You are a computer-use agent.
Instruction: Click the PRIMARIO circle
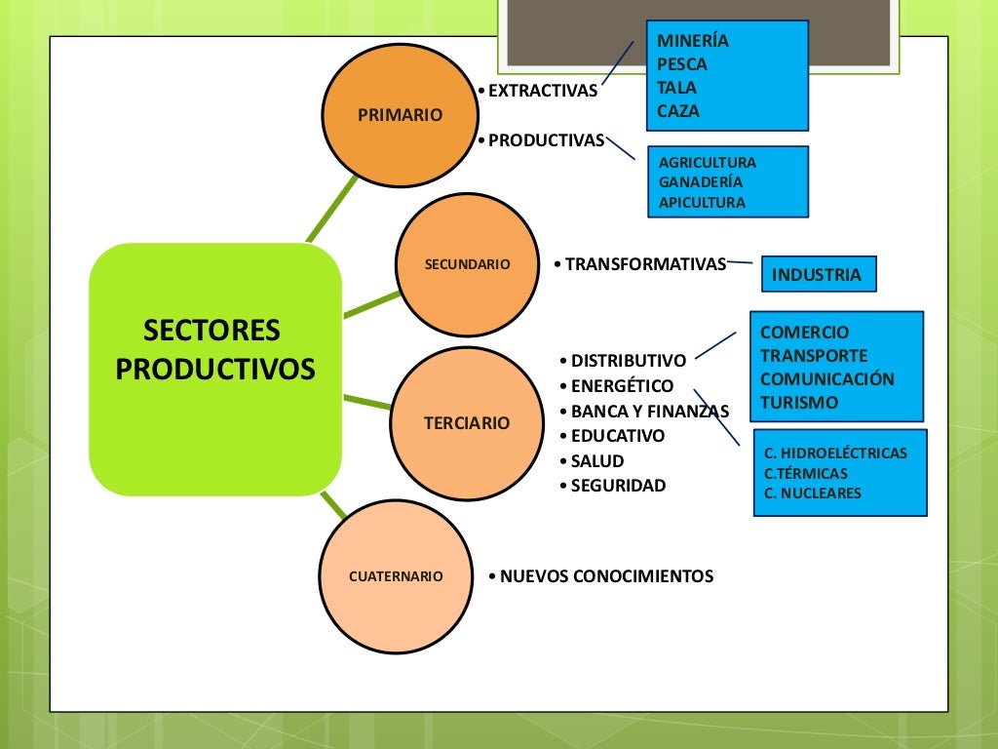(400, 115)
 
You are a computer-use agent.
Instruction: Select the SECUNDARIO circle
(468, 264)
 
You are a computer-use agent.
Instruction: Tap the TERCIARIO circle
(466, 423)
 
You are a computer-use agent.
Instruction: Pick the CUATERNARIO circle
(396, 576)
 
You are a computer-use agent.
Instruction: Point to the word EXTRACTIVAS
(542, 91)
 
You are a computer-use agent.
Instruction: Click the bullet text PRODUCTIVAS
(546, 140)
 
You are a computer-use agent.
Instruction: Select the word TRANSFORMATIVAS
(645, 264)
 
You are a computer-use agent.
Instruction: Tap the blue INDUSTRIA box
(818, 275)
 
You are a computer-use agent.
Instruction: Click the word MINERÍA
(693, 41)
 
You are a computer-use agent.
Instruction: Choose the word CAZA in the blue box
(678, 111)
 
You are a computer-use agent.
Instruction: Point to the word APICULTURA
(702, 203)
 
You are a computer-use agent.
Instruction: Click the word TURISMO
(799, 402)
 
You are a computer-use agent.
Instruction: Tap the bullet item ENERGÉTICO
(622, 385)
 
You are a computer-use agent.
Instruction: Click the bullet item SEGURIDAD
(618, 486)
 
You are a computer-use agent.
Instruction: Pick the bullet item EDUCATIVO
(618, 436)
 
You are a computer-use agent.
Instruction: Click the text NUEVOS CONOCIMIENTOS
(606, 576)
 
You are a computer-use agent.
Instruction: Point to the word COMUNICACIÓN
(826, 378)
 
